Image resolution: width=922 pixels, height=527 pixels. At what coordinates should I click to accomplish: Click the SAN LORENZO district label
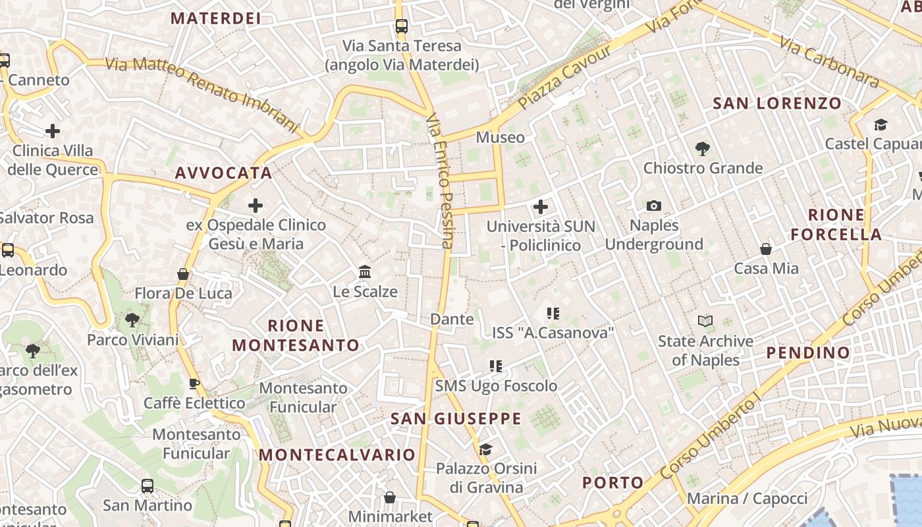(x=777, y=103)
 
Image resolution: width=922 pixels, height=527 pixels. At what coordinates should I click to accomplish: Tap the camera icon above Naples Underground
(x=653, y=206)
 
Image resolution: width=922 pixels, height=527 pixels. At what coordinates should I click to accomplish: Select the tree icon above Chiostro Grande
(x=702, y=149)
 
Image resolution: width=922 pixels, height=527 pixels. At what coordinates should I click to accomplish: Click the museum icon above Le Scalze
(x=364, y=271)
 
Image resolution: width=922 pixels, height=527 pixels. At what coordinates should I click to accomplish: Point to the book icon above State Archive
(x=705, y=321)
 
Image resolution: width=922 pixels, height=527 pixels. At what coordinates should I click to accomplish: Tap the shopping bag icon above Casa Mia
(x=765, y=249)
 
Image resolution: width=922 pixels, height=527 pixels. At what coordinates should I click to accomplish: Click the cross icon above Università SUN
(x=540, y=208)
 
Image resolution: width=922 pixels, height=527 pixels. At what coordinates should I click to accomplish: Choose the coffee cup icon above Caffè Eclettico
(x=194, y=383)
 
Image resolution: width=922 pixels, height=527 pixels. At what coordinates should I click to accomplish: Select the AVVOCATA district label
(x=223, y=173)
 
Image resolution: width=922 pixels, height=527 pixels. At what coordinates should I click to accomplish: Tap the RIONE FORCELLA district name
(x=836, y=225)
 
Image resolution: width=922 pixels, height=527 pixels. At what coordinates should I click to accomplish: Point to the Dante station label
(x=452, y=319)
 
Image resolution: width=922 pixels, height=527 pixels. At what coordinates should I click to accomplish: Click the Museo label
(x=501, y=138)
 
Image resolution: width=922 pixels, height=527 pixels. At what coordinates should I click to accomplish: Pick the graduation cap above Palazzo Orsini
(x=485, y=449)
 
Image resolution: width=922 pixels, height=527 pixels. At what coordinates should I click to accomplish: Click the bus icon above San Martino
(x=148, y=486)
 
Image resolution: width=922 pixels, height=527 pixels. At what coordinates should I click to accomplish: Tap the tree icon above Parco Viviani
(x=132, y=321)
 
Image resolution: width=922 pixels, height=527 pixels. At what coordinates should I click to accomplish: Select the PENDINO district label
(x=808, y=353)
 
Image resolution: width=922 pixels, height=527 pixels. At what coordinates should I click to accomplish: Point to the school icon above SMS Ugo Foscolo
(x=495, y=366)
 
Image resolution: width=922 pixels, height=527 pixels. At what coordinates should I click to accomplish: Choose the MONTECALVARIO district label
(x=337, y=455)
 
